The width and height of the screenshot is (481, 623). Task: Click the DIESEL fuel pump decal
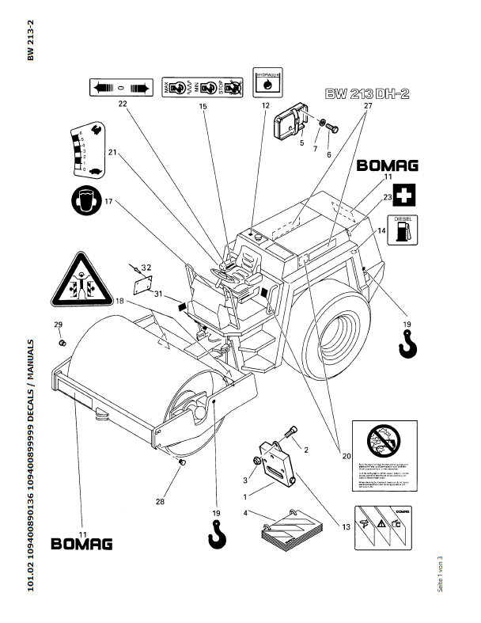(x=401, y=229)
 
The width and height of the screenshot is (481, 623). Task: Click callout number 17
(x=109, y=201)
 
